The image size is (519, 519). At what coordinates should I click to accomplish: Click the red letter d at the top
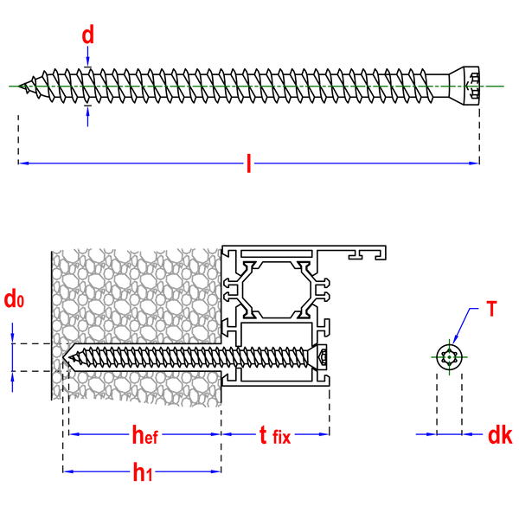(87, 35)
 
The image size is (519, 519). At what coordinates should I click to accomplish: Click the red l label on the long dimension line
(248, 163)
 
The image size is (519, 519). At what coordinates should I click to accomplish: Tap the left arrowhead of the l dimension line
(24, 163)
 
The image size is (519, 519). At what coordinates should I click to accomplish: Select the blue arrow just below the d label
(87, 57)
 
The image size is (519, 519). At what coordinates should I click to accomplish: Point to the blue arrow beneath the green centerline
(87, 117)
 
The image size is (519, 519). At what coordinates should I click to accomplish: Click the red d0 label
(13, 299)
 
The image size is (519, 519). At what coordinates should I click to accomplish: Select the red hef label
(144, 434)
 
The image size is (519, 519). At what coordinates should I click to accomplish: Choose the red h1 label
(141, 472)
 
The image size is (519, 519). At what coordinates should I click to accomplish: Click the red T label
(491, 308)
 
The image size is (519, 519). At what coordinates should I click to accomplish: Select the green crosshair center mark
(449, 356)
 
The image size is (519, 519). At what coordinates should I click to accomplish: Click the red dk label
(499, 435)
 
